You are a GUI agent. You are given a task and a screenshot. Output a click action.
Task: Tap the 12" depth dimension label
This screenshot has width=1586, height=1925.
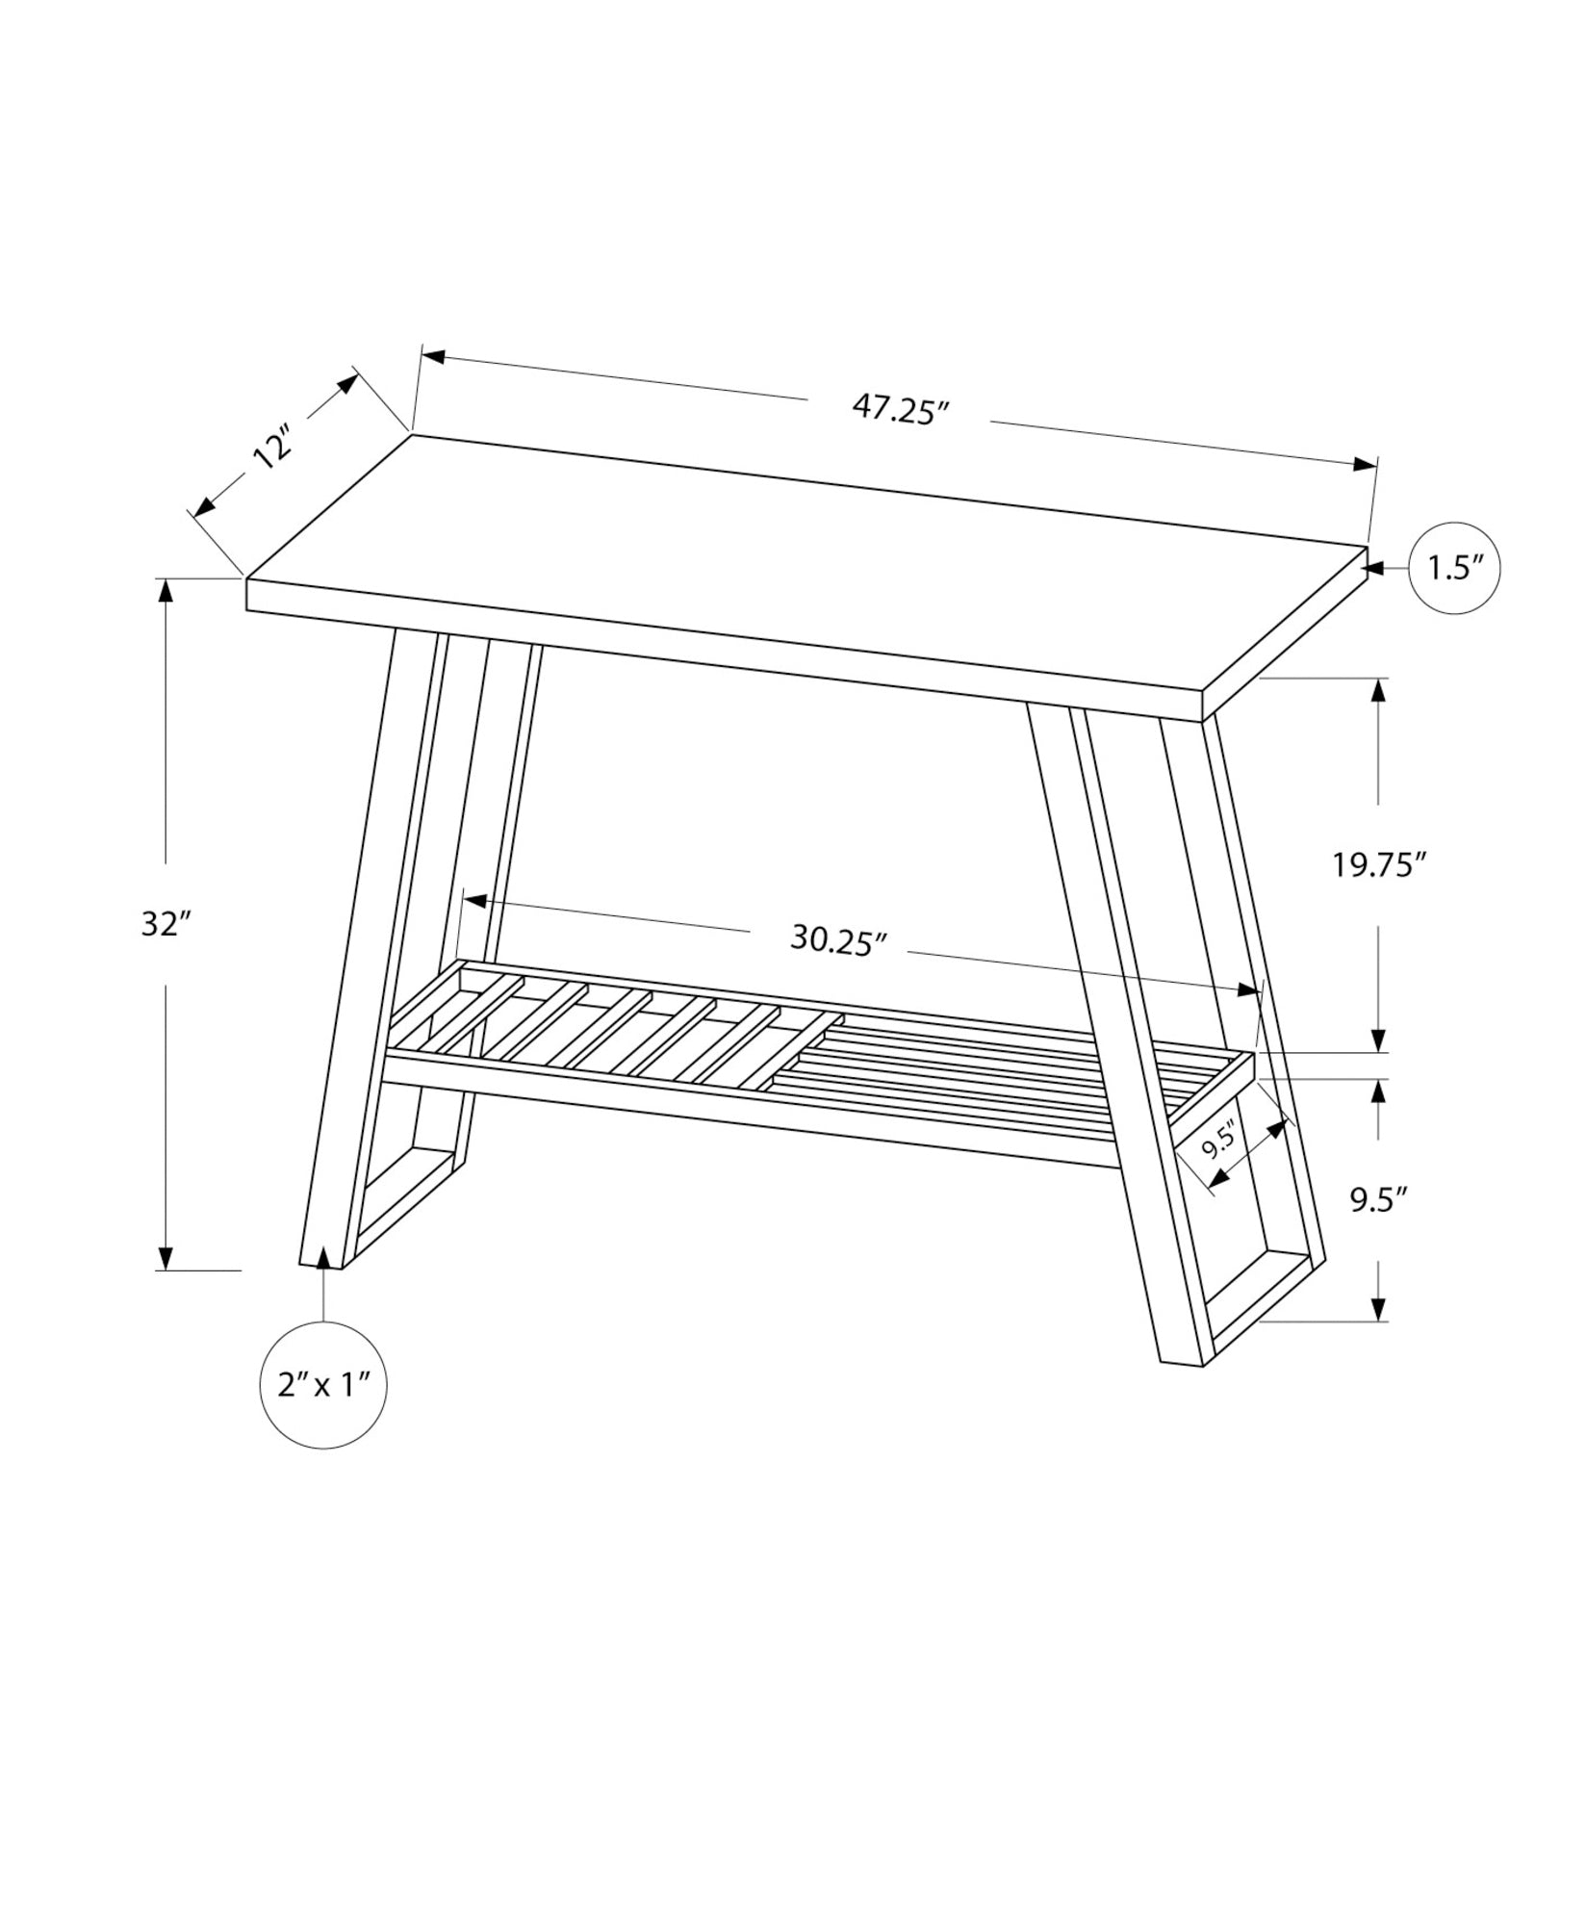click(x=272, y=450)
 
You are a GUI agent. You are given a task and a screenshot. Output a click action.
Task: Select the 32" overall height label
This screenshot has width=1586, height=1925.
click(x=162, y=925)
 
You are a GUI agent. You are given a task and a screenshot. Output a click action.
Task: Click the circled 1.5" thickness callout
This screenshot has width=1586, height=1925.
click(x=1451, y=569)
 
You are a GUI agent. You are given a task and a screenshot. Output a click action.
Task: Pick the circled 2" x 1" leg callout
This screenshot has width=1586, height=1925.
click(x=323, y=1386)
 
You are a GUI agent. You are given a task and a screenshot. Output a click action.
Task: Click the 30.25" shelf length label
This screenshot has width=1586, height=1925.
click(x=837, y=939)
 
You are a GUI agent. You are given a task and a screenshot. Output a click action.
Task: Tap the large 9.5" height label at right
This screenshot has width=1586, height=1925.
click(x=1379, y=1199)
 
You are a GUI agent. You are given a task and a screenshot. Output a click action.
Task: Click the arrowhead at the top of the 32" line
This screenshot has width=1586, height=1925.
click(x=166, y=591)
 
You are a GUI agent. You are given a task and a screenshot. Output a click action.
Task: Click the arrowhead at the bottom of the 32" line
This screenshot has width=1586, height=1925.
click(x=166, y=1257)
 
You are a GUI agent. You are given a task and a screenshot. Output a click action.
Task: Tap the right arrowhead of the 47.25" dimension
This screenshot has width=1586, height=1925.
click(x=1365, y=464)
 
